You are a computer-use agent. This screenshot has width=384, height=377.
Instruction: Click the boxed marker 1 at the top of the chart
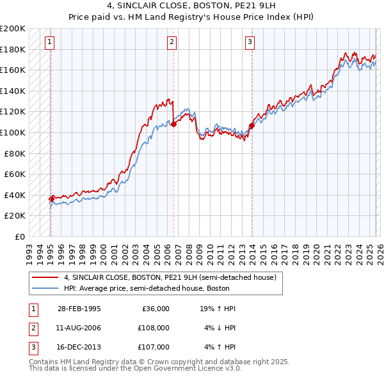(x=50, y=43)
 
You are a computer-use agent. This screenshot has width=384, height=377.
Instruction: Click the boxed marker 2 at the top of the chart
(x=172, y=43)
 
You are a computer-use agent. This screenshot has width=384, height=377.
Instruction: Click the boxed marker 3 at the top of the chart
(x=250, y=43)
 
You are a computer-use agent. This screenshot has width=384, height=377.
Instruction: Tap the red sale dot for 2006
(x=173, y=125)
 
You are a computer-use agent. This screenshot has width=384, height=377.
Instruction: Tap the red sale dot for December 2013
(x=252, y=125)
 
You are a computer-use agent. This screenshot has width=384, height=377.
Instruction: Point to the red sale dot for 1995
(x=52, y=199)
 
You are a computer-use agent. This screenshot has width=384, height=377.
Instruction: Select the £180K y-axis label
(x=13, y=49)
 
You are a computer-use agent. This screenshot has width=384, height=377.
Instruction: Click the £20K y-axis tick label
(x=15, y=216)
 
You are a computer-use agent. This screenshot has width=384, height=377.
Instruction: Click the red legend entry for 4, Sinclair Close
(x=170, y=278)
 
